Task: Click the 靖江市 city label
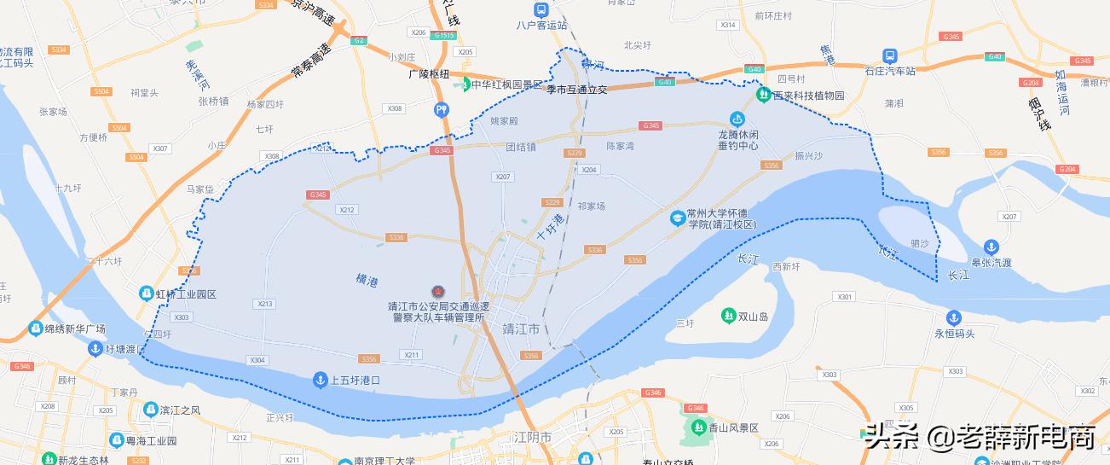click(521, 328)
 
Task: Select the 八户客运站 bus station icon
click(541, 9)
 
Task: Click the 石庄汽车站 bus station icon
click(890, 55)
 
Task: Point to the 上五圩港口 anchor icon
click(320, 379)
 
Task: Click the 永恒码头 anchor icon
click(942, 317)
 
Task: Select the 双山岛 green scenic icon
click(728, 316)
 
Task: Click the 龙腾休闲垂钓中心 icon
click(737, 119)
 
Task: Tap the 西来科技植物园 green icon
click(765, 96)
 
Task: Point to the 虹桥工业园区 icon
click(146, 294)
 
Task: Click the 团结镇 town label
click(520, 147)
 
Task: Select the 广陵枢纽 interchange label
click(428, 74)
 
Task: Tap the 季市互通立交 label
click(576, 89)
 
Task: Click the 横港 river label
click(367, 280)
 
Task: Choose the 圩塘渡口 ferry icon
click(95, 348)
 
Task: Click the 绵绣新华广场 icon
click(35, 328)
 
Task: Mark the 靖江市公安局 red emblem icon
click(438, 292)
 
